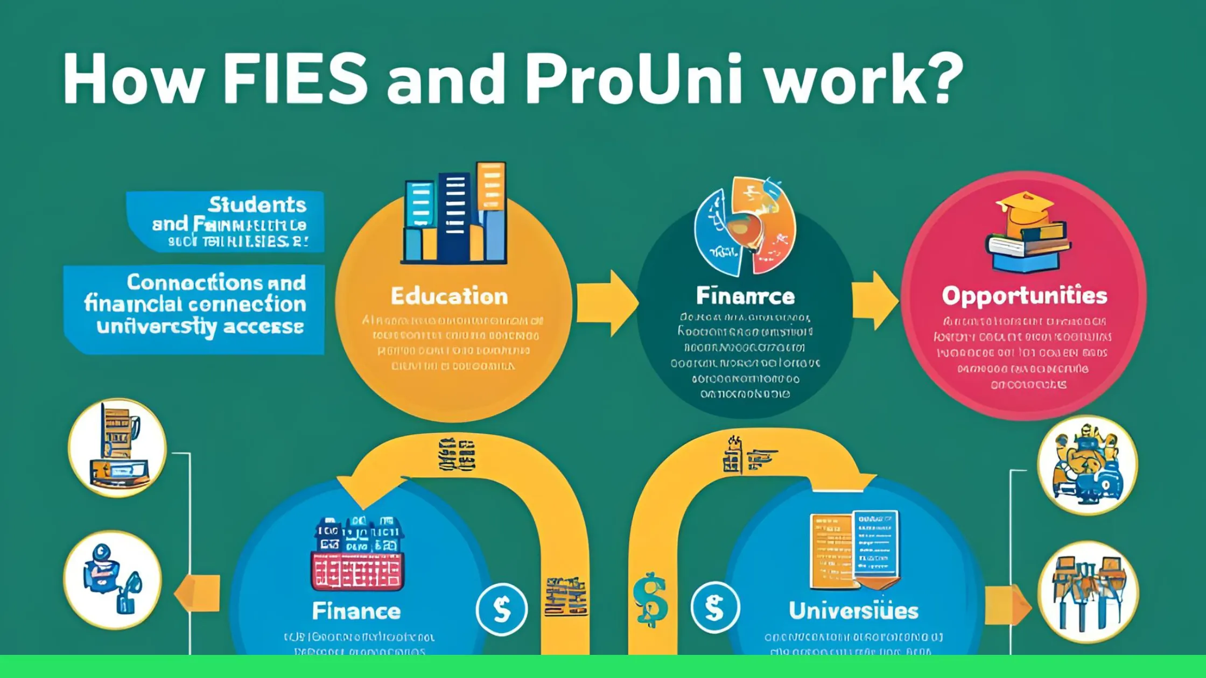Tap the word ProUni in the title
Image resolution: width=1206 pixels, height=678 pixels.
pos(633,79)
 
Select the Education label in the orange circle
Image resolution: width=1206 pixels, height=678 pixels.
pos(449,296)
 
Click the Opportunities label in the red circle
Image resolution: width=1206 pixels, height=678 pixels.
pos(1024,296)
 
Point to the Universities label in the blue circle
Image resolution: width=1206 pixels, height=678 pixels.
pos(853,611)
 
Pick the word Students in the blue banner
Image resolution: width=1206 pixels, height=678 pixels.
pos(257,205)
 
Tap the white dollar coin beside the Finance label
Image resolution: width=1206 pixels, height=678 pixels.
pos(502,610)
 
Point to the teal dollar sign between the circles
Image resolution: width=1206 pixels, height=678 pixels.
pos(650,599)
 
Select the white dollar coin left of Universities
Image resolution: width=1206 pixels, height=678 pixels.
pos(715,608)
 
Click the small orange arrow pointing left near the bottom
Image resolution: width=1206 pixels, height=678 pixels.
pos(198,593)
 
